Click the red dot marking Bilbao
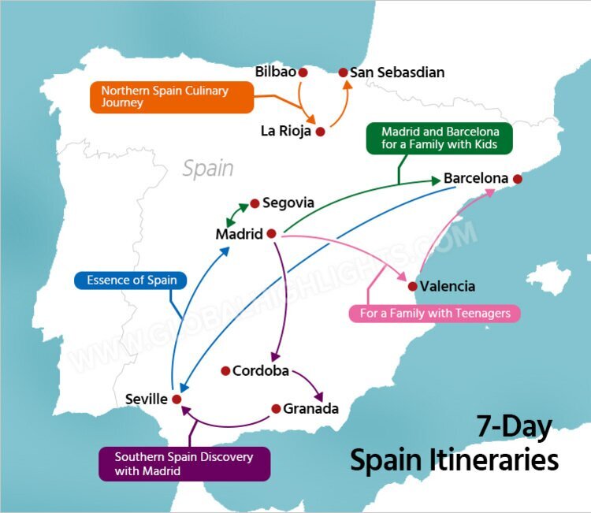(303, 72)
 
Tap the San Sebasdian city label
(397, 72)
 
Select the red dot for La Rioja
(320, 132)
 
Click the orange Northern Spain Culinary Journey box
(172, 97)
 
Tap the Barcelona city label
(475, 179)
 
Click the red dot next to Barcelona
(518, 179)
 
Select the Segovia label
(288, 203)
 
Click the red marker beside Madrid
(270, 234)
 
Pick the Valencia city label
(448, 287)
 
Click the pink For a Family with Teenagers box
(434, 314)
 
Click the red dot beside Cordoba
(225, 370)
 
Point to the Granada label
(310, 409)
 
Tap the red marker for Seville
(177, 400)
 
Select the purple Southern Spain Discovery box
(184, 464)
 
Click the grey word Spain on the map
(208, 168)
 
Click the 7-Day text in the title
(515, 426)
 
